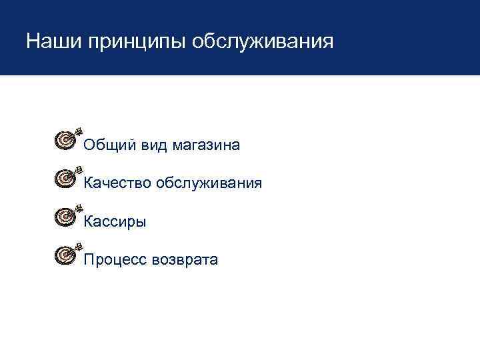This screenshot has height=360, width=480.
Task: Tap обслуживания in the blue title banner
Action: click(x=262, y=43)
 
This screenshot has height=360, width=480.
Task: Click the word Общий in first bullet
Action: click(x=110, y=145)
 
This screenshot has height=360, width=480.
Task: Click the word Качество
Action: click(x=117, y=183)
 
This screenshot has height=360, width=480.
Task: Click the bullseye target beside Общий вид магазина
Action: click(x=63, y=139)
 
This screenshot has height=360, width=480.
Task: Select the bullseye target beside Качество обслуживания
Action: click(x=63, y=178)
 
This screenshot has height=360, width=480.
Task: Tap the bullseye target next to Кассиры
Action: click(x=63, y=216)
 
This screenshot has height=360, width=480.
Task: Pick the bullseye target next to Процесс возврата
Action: click(x=63, y=254)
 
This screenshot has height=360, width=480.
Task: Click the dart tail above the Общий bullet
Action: click(x=78, y=130)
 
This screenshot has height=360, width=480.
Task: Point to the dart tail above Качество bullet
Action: click(x=78, y=169)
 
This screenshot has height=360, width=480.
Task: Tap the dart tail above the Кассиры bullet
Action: click(x=78, y=207)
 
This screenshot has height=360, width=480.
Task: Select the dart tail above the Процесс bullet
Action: click(x=78, y=245)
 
